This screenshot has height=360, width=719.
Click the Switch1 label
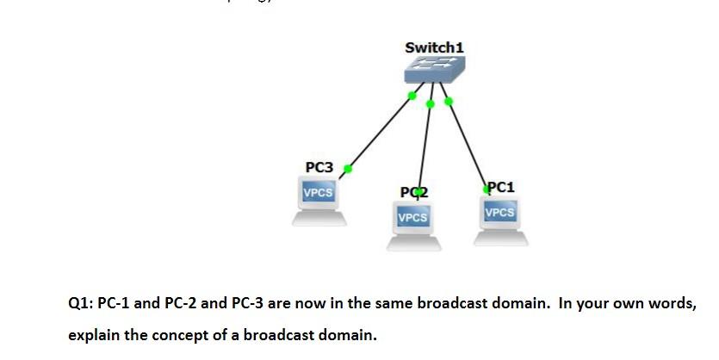click(434, 47)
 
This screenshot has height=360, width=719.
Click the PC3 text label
click(319, 166)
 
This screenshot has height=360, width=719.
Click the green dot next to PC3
click(348, 168)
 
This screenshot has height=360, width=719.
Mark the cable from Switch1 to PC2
click(425, 146)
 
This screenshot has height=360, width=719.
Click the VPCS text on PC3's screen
click(318, 192)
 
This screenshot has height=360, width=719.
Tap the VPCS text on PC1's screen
click(499, 212)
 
